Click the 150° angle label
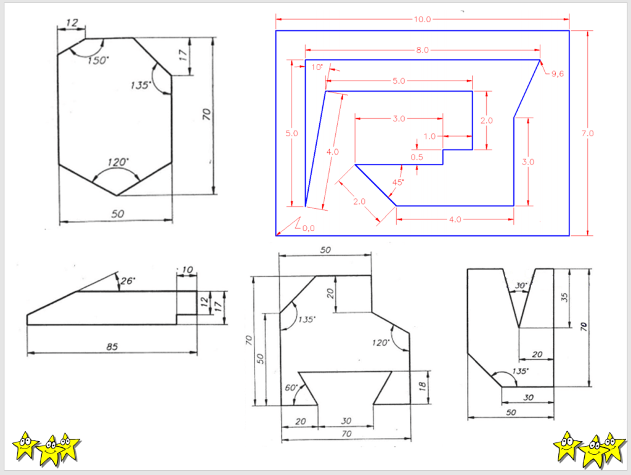click(x=98, y=60)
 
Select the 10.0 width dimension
click(x=422, y=19)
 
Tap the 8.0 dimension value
click(x=422, y=51)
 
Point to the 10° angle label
click(x=317, y=67)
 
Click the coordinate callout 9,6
click(x=557, y=74)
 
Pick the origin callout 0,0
click(x=308, y=229)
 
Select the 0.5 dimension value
click(x=417, y=157)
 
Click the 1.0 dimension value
click(x=429, y=136)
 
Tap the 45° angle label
click(x=397, y=182)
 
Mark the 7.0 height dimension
click(x=587, y=133)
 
